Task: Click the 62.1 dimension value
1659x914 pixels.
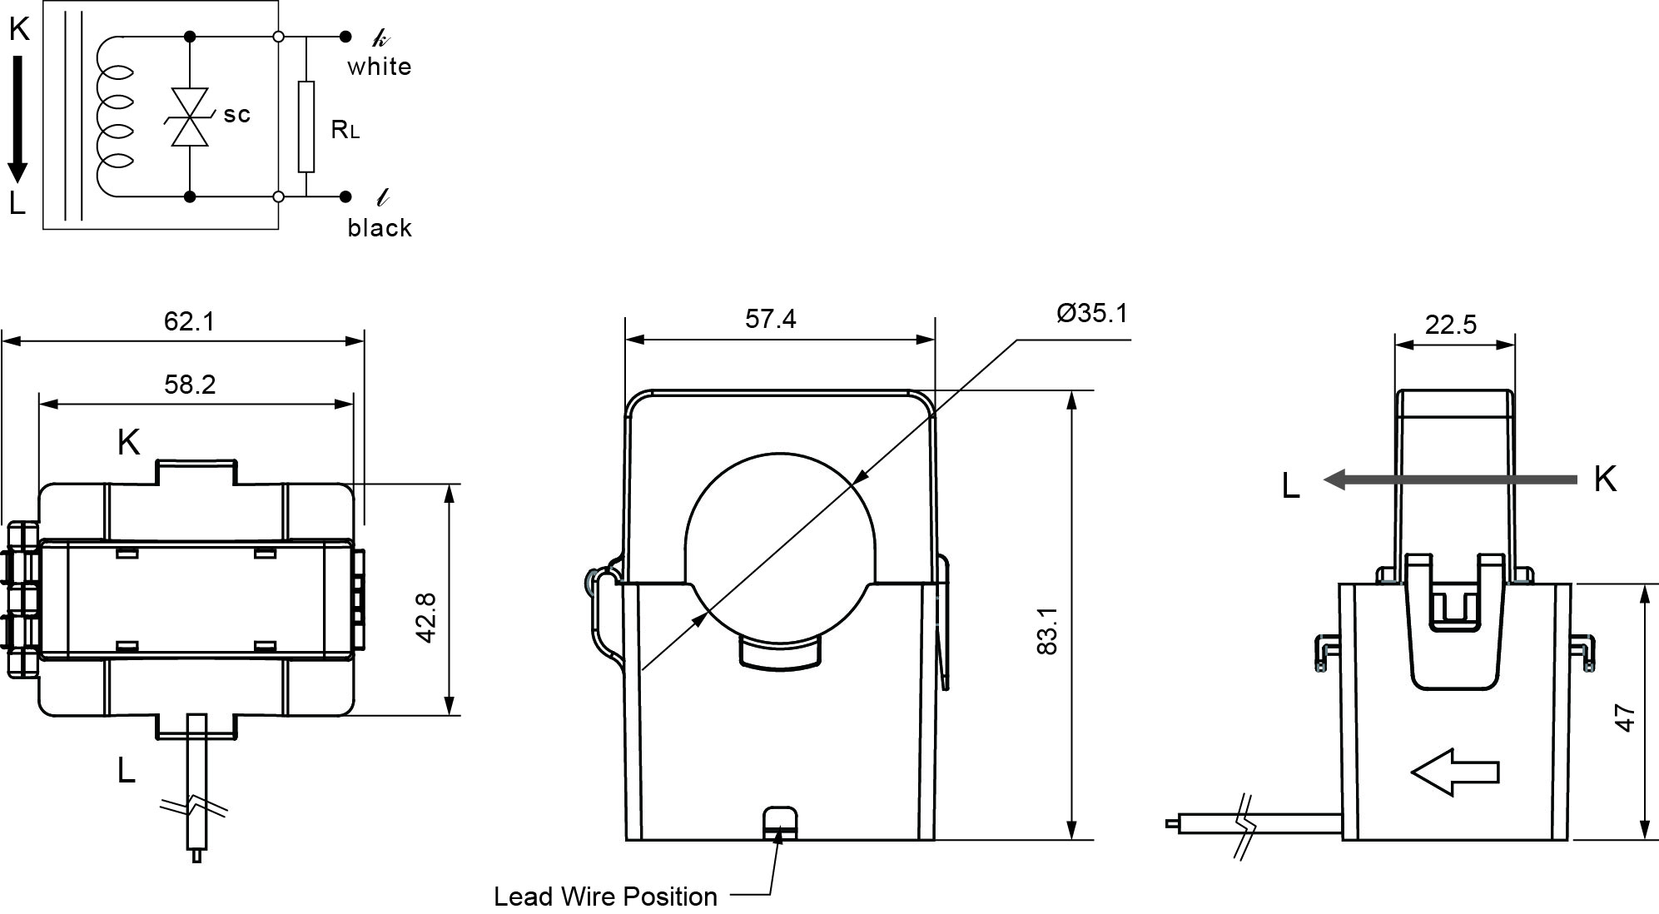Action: coord(189,320)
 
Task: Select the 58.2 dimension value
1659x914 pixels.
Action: coord(190,384)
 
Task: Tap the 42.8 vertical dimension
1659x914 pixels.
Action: coord(426,618)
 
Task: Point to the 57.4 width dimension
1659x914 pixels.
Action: coord(770,319)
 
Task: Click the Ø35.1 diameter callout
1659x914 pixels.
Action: coord(1091,313)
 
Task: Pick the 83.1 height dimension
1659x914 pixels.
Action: coord(1047,630)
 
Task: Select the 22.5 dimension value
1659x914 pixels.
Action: coord(1450,324)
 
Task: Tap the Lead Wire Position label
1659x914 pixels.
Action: coord(605,897)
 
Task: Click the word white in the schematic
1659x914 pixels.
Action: coord(380,67)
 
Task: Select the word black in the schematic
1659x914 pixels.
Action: coord(380,227)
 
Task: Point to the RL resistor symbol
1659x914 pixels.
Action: coord(306,127)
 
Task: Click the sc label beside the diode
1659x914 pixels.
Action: coord(236,114)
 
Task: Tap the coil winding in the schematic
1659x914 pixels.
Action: coord(114,117)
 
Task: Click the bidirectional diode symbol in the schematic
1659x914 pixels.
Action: coord(190,117)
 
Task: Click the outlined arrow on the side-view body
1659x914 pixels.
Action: coord(1454,772)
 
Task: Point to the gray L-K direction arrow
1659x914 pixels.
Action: coord(1449,479)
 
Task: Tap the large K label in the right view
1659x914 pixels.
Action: coord(1605,479)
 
